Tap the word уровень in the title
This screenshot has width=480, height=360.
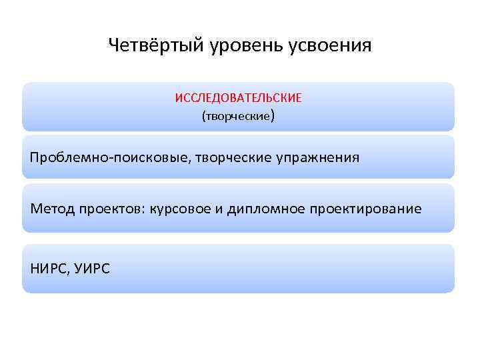237,47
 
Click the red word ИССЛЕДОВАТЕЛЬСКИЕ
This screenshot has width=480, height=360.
238,98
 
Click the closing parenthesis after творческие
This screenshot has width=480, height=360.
273,117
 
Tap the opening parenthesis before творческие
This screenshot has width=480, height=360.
203,117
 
